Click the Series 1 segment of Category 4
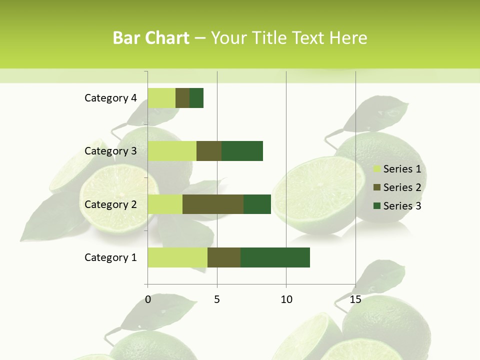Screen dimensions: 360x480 (x=161, y=98)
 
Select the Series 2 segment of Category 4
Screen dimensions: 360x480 (x=182, y=98)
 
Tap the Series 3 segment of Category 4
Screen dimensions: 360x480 (x=196, y=98)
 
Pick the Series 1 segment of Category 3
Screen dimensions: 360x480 (x=172, y=151)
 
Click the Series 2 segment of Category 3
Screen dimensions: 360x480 (x=209, y=151)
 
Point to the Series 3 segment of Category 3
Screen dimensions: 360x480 (x=242, y=151)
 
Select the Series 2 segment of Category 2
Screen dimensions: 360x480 (x=213, y=204)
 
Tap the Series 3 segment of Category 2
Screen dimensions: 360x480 (x=257, y=204)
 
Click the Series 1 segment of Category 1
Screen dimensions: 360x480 (x=177, y=257)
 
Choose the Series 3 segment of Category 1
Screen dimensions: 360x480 (x=275, y=257)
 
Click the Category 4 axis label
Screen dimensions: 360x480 (x=110, y=98)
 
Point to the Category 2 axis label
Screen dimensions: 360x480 (x=110, y=204)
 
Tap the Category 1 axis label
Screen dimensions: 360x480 (x=110, y=257)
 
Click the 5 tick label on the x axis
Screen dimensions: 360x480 (x=217, y=299)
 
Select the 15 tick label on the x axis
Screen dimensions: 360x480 (x=355, y=299)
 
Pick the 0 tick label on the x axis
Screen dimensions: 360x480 (x=148, y=299)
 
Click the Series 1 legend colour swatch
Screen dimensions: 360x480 (x=377, y=169)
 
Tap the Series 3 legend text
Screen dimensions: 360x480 (x=402, y=206)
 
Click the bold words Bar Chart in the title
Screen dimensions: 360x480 (x=151, y=38)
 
